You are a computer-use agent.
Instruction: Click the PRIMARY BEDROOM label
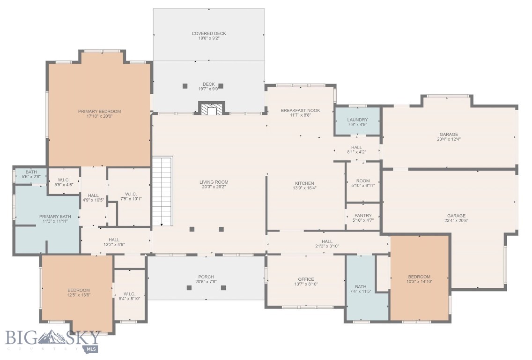(99, 112)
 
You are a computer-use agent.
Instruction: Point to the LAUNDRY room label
(357, 120)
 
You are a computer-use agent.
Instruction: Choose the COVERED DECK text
(208, 34)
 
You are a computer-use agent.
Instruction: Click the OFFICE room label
(306, 279)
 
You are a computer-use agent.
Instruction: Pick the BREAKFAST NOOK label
(300, 111)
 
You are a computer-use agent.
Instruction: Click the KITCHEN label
(304, 183)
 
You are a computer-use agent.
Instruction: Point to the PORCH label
(206, 277)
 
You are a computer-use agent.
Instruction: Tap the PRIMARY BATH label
(55, 217)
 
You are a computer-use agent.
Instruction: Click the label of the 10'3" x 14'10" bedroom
(419, 277)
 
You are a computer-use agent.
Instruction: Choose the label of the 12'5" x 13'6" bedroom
(78, 290)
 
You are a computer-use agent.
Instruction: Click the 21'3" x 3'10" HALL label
(327, 242)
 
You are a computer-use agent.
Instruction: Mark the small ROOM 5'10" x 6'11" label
(363, 181)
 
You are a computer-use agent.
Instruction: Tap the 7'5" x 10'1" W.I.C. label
(131, 194)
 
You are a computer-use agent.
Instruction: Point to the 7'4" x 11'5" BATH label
(361, 287)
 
